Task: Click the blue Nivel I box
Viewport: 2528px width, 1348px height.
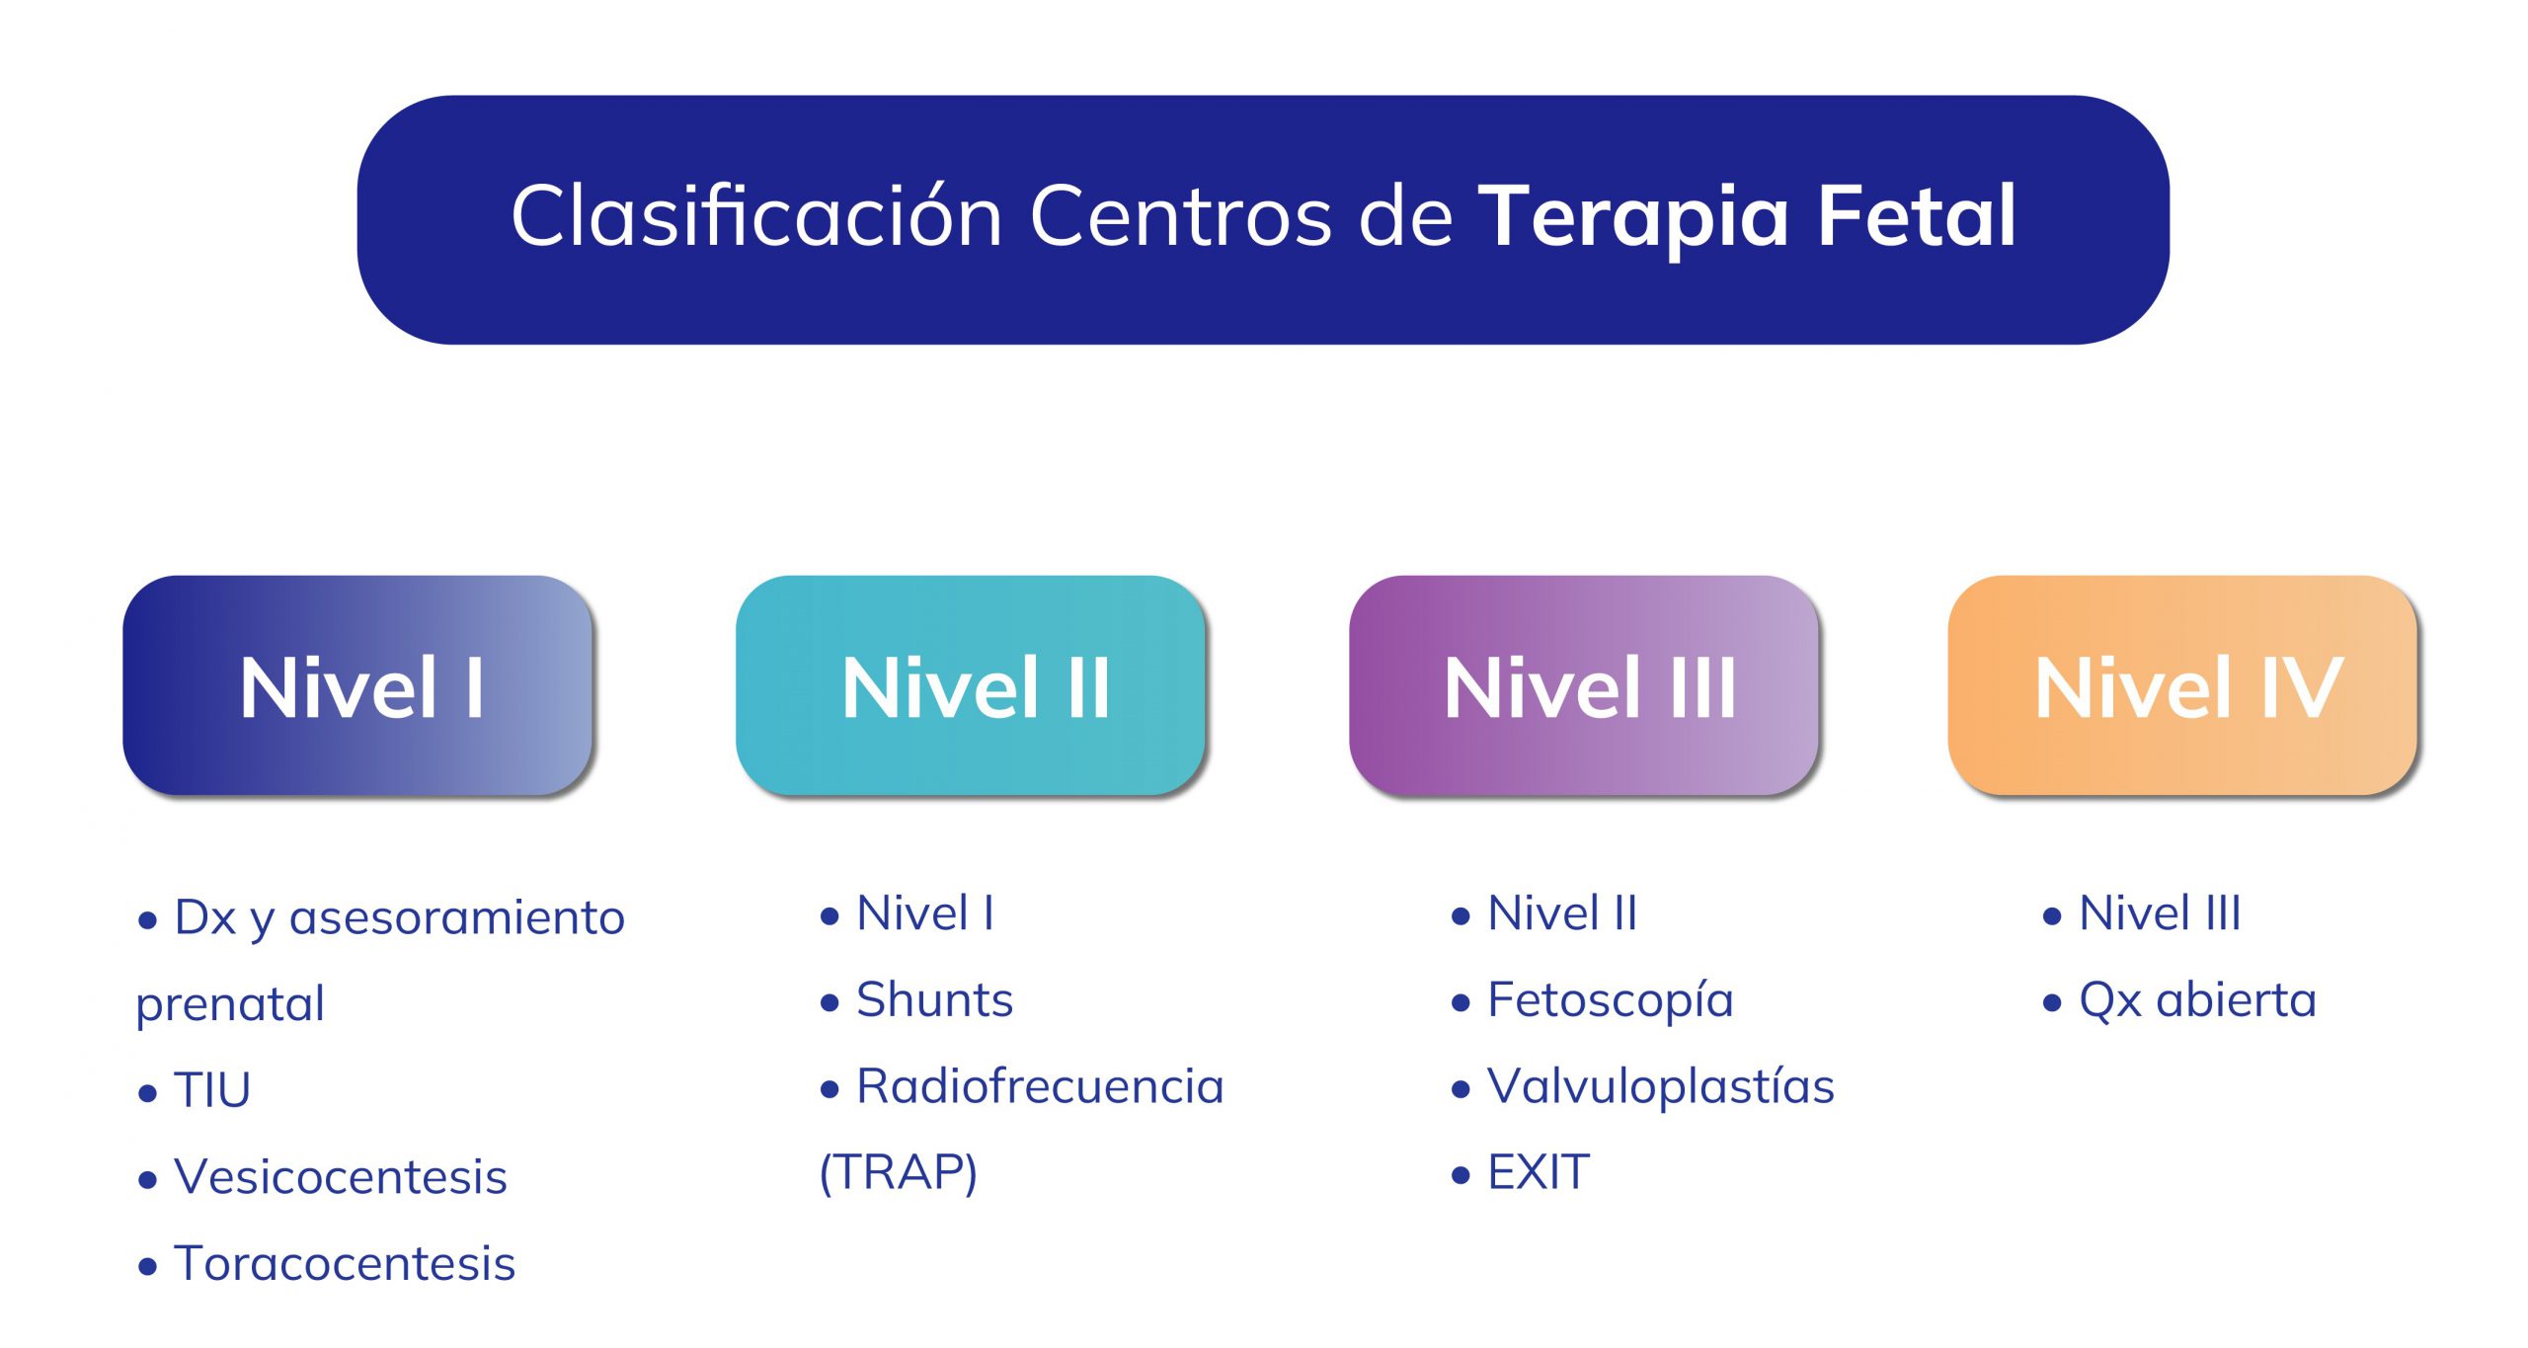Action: (x=357, y=685)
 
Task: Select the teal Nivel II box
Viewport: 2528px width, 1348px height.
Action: (x=971, y=685)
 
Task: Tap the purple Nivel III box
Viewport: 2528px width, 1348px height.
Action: (x=1584, y=685)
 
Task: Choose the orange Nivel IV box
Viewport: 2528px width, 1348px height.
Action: (x=2182, y=685)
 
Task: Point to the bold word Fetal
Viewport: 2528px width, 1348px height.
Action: (x=1917, y=215)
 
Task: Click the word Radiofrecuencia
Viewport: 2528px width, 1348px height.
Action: (x=1040, y=1086)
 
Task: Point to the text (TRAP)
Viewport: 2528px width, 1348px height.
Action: (x=899, y=1173)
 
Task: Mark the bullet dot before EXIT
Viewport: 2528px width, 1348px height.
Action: (x=1461, y=1175)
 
